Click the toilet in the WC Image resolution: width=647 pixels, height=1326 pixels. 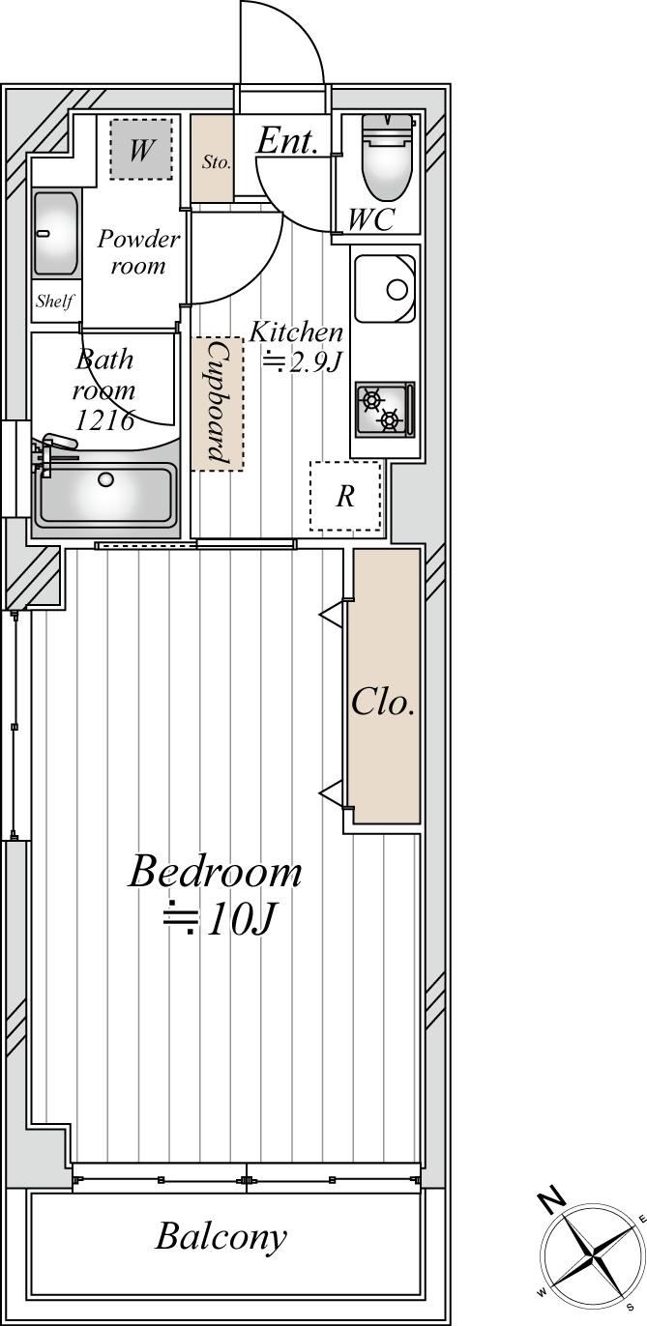[388, 158]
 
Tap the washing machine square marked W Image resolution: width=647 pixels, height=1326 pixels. [141, 149]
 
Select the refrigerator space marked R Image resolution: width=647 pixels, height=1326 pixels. [345, 496]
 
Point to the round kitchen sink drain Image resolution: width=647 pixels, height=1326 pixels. [397, 290]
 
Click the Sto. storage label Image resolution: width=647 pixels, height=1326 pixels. [217, 161]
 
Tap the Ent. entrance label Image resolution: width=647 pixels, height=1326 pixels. [287, 141]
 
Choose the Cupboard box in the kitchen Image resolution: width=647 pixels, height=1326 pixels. [218, 404]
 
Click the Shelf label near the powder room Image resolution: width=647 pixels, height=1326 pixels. [54, 302]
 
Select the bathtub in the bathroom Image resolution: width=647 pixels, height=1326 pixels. [106, 494]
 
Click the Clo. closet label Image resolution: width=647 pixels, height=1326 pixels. [382, 703]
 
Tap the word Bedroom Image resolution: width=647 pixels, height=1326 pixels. [215, 872]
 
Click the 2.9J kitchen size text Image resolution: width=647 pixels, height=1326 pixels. [313, 362]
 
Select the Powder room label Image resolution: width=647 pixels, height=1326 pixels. [137, 252]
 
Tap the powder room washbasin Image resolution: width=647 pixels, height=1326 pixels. [57, 234]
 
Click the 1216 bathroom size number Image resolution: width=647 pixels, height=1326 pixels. [104, 420]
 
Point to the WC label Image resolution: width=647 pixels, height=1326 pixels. [371, 219]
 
